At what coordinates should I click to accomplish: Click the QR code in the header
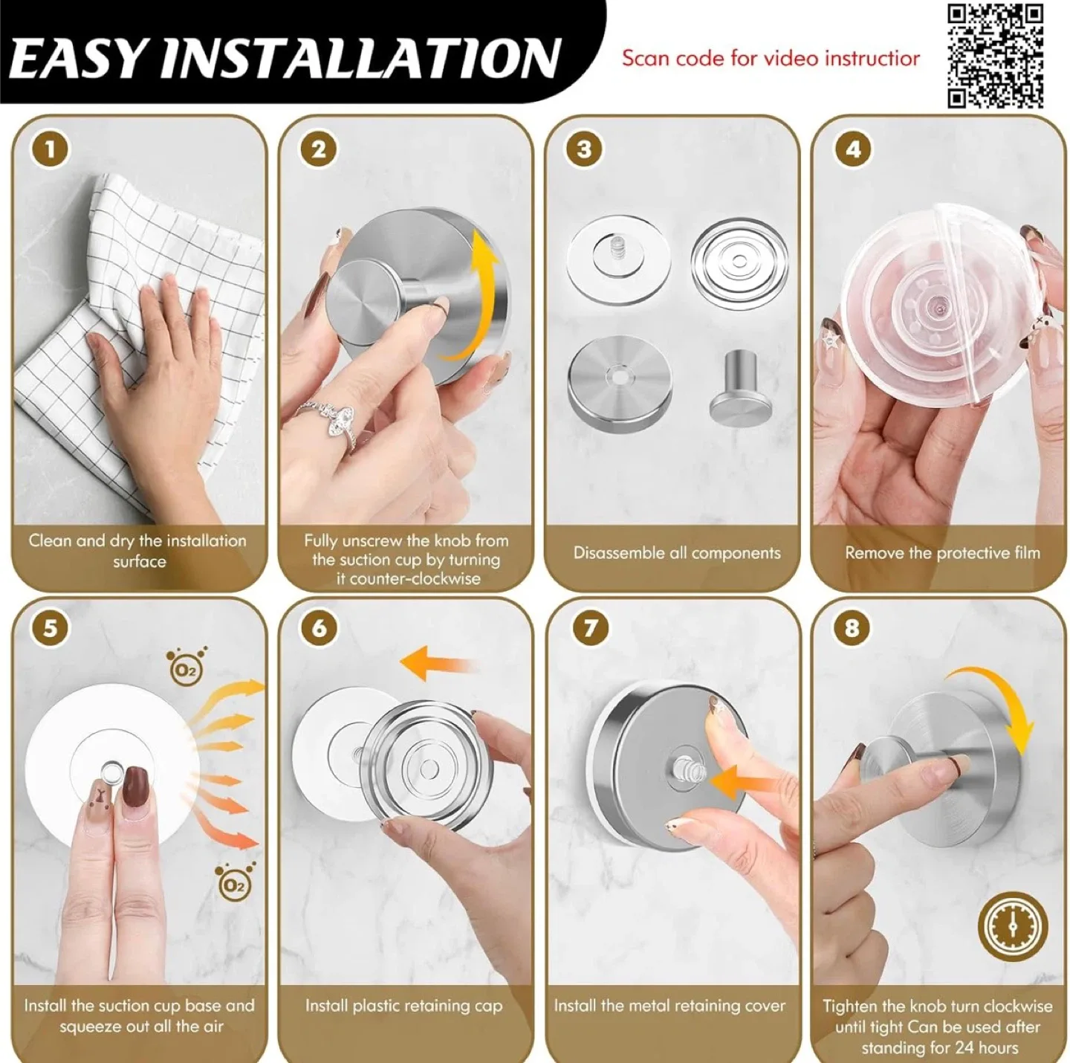coord(996,56)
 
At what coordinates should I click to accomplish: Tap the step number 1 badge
coord(50,150)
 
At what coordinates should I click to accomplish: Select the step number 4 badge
coord(852,150)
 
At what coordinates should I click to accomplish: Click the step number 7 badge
coord(590,629)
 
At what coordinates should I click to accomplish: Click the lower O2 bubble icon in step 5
coord(233,882)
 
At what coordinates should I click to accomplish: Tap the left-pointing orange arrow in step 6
coord(435,663)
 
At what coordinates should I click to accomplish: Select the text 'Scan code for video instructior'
coord(771,58)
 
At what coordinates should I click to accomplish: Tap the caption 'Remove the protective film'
coord(941,553)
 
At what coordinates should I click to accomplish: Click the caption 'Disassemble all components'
coord(676,553)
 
